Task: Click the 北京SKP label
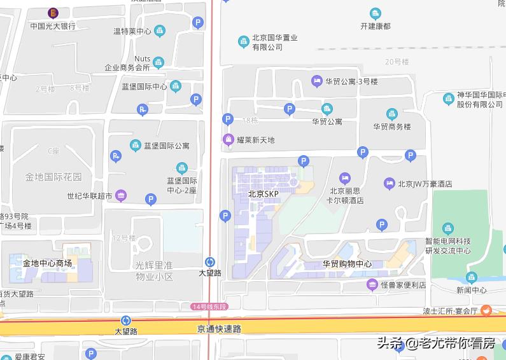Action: pos(264,194)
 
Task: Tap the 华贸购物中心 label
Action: pos(347,264)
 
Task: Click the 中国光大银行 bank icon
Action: pos(53,13)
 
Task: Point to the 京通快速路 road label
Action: pos(220,329)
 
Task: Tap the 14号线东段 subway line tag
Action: pos(209,307)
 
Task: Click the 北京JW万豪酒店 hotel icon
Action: pos(390,184)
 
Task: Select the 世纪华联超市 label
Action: pos(90,196)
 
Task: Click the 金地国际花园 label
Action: pos(54,176)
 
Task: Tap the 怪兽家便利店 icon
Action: pos(372,285)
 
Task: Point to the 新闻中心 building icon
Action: pos(472,277)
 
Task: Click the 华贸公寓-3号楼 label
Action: pos(352,81)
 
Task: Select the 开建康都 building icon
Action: pos(376,13)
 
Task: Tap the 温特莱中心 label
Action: pos(132,31)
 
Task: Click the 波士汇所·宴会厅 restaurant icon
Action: pos(486,310)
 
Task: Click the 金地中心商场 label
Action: pos(47,263)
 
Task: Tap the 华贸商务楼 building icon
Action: pos(392,114)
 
